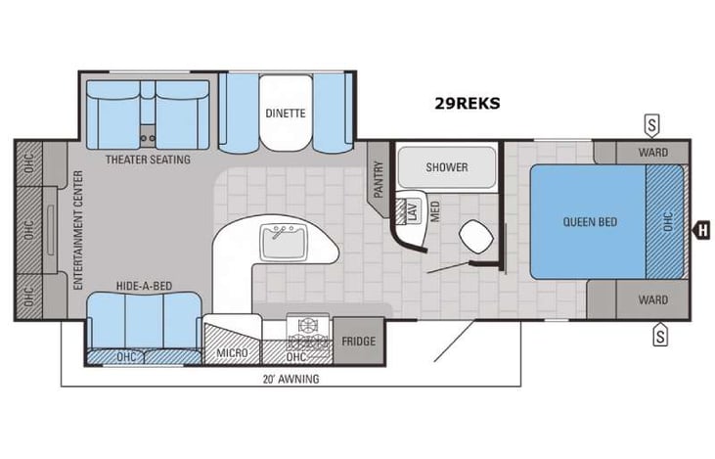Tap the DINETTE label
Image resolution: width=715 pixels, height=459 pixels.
click(285, 113)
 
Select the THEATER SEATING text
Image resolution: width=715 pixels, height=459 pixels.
click(148, 160)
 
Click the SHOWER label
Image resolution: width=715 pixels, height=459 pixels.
click(446, 166)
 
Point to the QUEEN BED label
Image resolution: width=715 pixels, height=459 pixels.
click(590, 222)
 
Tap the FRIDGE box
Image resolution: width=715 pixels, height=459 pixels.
click(359, 342)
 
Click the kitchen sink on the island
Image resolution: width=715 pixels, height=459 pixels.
click(285, 238)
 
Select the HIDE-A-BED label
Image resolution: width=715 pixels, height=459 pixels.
click(143, 285)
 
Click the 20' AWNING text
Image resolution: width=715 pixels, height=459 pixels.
click(290, 379)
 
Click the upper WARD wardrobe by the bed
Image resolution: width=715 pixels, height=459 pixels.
click(652, 153)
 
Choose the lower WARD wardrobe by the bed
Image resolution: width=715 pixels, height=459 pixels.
click(652, 299)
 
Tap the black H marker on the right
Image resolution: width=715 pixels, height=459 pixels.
click(700, 231)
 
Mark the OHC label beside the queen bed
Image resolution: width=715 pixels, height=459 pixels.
click(669, 222)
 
